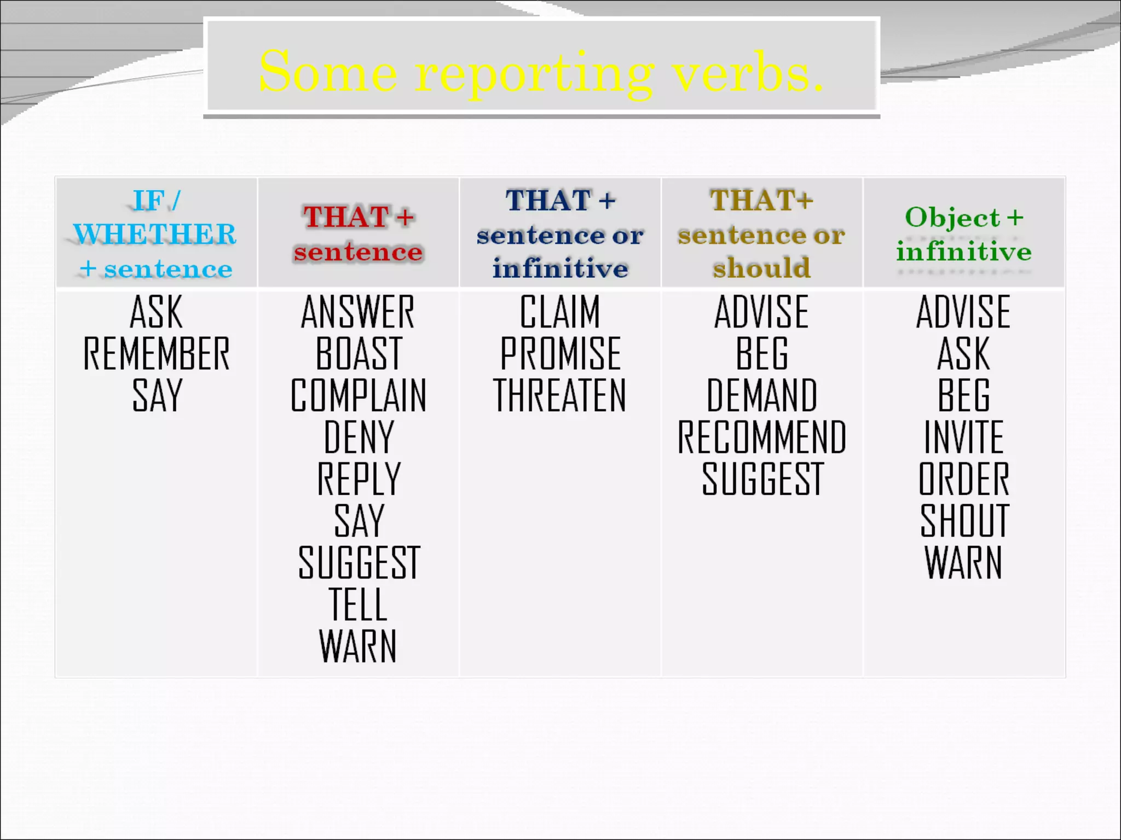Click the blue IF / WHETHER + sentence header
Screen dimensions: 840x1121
pos(156,234)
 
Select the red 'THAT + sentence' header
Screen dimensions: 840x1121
pos(359,234)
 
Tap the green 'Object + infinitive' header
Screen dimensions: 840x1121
pos(964,234)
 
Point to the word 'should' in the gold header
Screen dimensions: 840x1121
pos(761,268)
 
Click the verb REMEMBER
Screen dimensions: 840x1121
pos(156,354)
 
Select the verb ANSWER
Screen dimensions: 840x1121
pos(358,312)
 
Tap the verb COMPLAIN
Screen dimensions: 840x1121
pos(358,395)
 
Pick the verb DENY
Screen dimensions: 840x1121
pos(359,437)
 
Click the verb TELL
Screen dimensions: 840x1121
pos(358,605)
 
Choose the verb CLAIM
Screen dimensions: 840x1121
pos(560,312)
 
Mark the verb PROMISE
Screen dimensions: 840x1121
pos(560,354)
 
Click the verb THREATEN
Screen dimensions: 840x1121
pos(559,395)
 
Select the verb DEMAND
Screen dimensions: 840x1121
pos(761,395)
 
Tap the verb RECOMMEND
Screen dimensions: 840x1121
pos(761,437)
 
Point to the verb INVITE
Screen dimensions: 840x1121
pos(964,437)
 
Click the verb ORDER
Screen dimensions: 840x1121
pos(964,479)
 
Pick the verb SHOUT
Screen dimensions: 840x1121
pos(964,521)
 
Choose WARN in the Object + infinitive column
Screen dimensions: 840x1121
pos(964,563)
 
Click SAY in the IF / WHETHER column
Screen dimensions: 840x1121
pos(157,395)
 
